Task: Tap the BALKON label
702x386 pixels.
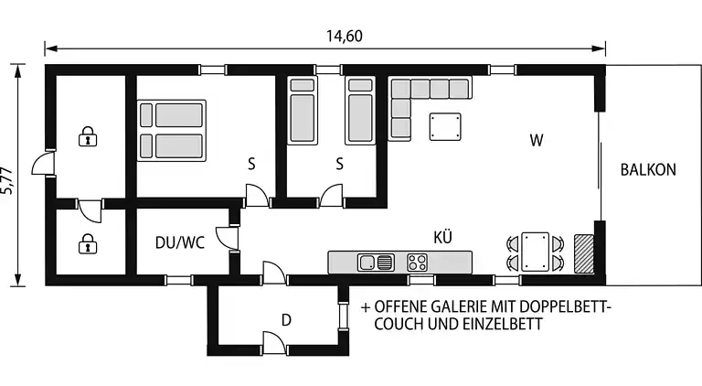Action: coord(647,169)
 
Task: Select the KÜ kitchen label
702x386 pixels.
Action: coord(442,237)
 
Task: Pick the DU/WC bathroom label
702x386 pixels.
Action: coord(179,243)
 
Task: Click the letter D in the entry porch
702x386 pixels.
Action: coord(286,320)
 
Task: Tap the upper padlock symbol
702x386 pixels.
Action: coord(88,138)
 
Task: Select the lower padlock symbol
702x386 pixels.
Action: coord(88,243)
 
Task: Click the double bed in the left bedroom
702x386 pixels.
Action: coord(170,130)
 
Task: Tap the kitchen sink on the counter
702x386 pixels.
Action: coord(376,263)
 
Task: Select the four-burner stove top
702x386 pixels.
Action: coord(418,263)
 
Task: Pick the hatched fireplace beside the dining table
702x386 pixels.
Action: coord(583,252)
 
